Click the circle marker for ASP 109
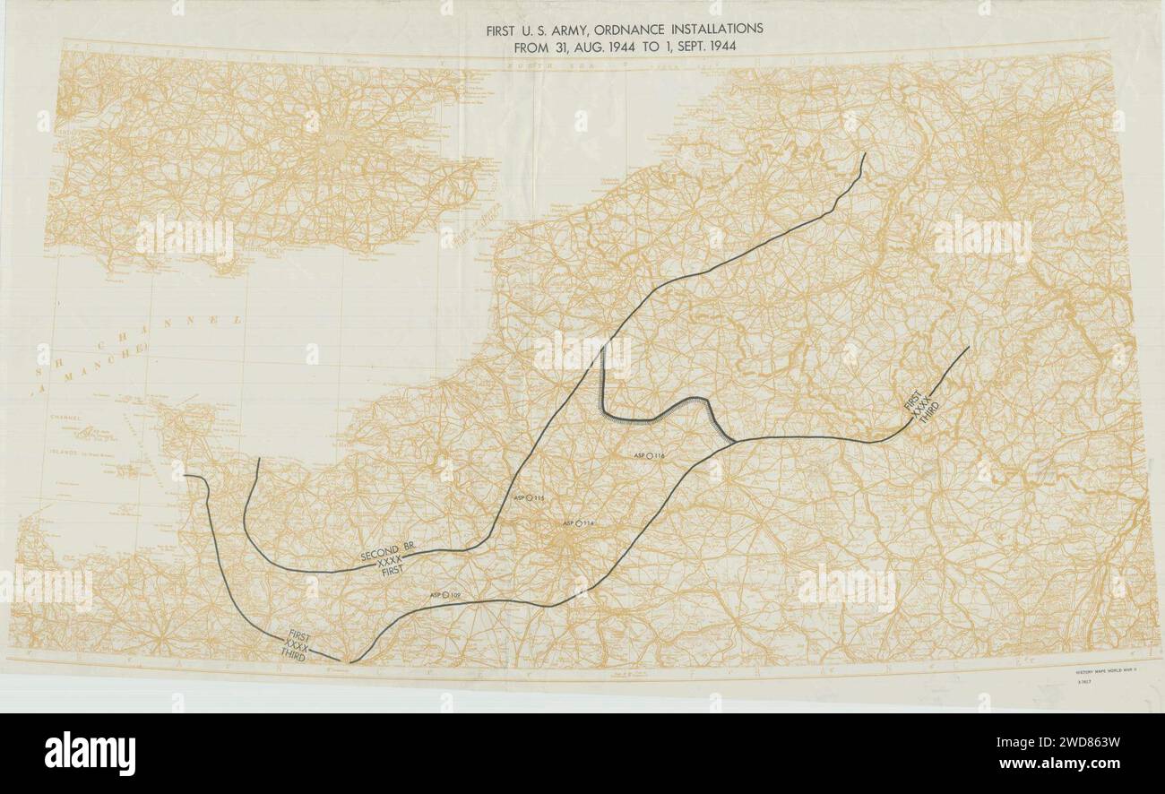pyautogui.click(x=444, y=594)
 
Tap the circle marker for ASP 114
pyautogui.click(x=579, y=523)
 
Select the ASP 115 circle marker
pyautogui.click(x=529, y=497)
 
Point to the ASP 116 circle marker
pyautogui.click(x=652, y=456)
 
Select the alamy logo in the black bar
pyautogui.click(x=90, y=753)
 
